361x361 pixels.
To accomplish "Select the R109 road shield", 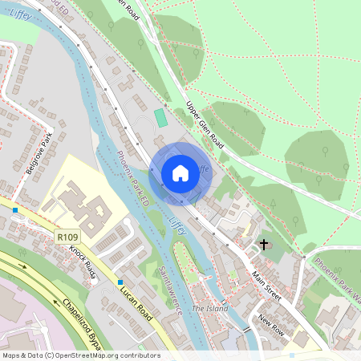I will (67, 237).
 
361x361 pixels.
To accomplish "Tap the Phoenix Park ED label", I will (132, 172).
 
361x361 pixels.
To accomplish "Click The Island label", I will (209, 308).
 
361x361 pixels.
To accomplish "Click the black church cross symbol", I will (263, 244).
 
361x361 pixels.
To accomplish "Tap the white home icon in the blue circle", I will (180, 172).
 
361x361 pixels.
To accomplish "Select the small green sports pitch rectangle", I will (160, 118).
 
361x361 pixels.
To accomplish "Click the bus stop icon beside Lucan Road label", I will (120, 282).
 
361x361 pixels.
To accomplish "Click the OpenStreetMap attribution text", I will (81, 355).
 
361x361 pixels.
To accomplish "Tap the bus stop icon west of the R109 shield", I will (15, 210).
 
